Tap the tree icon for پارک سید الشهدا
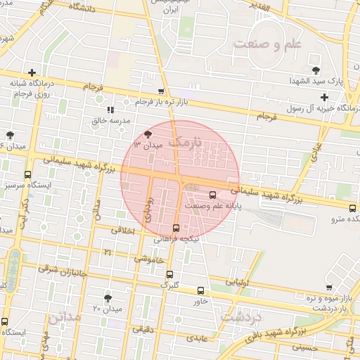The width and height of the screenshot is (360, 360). click(x=316, y=70)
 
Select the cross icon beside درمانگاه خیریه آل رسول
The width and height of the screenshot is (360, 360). click(x=323, y=97)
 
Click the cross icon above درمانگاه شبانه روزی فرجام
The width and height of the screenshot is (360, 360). click(x=32, y=72)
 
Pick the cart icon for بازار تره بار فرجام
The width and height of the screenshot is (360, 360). click(x=162, y=91)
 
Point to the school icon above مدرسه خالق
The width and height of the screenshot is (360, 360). click(x=110, y=110)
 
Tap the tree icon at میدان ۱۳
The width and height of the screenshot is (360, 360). click(x=147, y=134)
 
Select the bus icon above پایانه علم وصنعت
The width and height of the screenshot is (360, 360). click(x=213, y=195)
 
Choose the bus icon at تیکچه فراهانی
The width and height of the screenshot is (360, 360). click(x=176, y=227)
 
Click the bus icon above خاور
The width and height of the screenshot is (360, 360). click(x=201, y=290)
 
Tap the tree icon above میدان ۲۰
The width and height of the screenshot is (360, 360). click(x=108, y=298)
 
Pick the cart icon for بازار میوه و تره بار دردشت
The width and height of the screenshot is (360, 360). click(x=329, y=288)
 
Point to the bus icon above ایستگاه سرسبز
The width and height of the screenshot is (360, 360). click(x=27, y=174)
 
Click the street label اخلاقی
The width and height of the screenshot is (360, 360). click(x=122, y=229)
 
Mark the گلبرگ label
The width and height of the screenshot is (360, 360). click(x=170, y=284)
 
